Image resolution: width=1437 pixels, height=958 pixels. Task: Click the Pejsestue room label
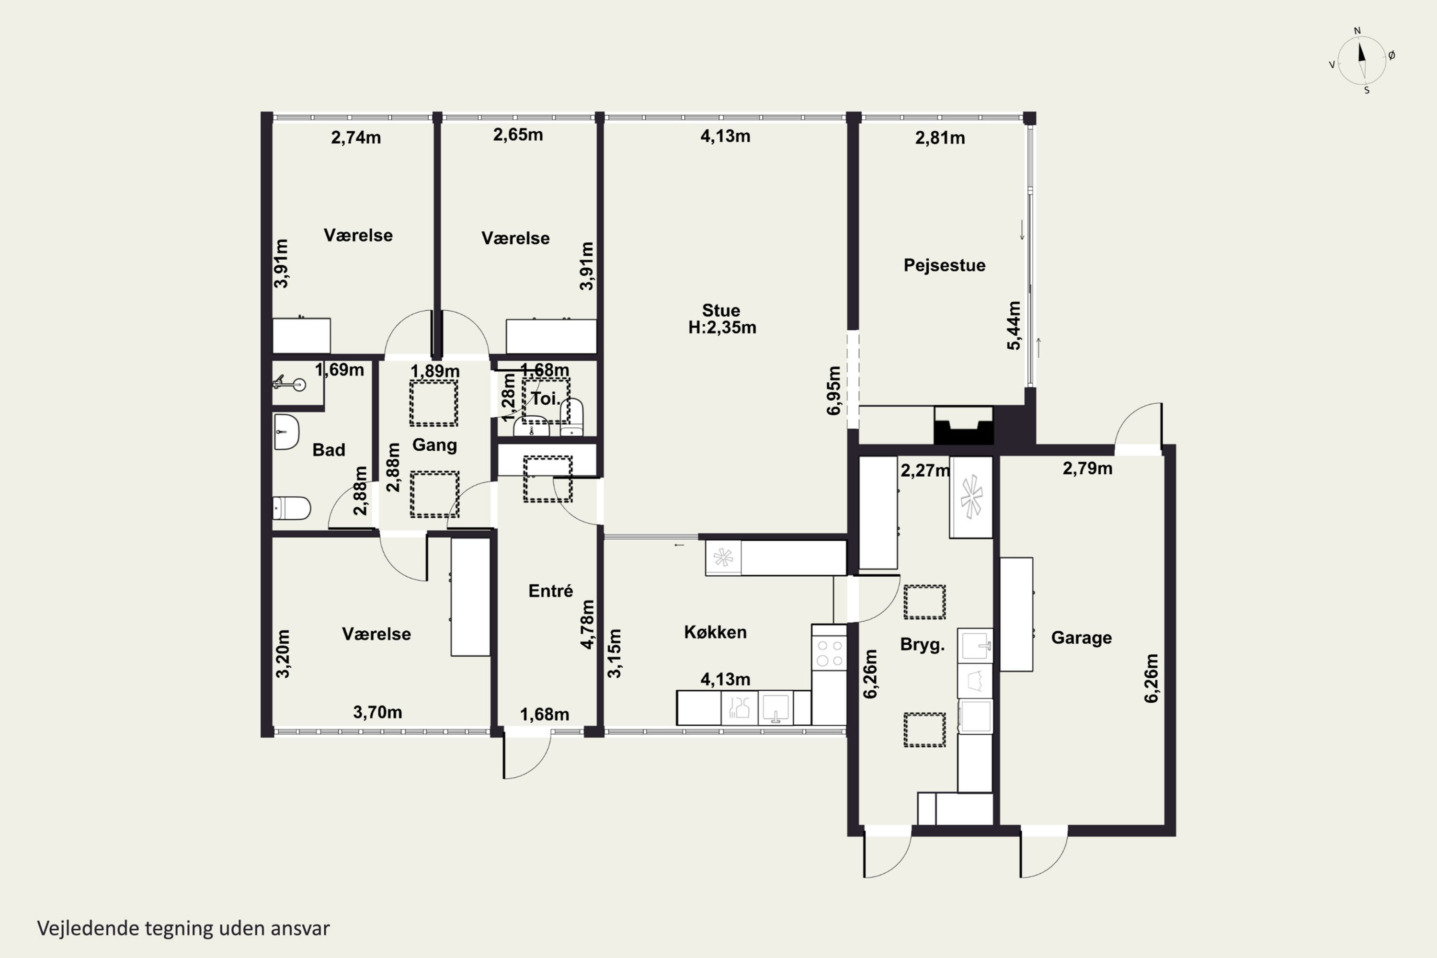(x=944, y=265)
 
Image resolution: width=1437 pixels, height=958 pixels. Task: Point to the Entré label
(x=550, y=591)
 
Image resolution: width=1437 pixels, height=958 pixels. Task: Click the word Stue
(x=721, y=310)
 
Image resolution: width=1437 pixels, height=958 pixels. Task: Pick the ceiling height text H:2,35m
(x=722, y=328)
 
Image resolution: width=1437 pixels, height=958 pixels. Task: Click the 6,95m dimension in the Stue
(x=833, y=391)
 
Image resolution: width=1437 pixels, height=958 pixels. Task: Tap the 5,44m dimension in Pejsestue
(x=1013, y=326)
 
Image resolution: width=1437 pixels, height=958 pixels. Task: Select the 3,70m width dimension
(x=377, y=712)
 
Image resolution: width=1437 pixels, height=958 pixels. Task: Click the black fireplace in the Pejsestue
(x=963, y=425)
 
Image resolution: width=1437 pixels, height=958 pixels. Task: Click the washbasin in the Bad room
(x=286, y=432)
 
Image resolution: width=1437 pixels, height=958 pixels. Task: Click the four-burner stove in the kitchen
(x=829, y=653)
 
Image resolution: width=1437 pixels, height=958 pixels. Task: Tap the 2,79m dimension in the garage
(x=1087, y=468)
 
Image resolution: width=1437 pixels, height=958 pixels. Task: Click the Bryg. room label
(x=922, y=645)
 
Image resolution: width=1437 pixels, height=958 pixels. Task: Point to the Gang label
(x=434, y=445)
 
